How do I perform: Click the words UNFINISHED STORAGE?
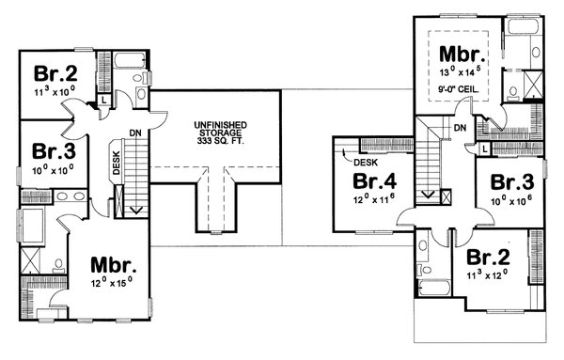tap(218, 128)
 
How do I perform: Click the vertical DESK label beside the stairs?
tap(115, 164)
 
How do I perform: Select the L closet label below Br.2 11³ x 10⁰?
tap(102, 99)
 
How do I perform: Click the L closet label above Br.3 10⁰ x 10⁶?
tap(483, 149)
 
